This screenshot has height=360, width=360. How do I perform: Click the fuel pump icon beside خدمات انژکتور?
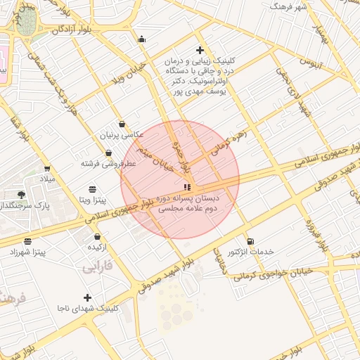coord(251,241)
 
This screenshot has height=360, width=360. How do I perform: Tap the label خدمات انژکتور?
coord(251,252)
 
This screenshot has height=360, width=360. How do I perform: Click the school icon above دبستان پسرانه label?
coord(186,187)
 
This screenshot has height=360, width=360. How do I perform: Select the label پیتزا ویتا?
coord(92,200)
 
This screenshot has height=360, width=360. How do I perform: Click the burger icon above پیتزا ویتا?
coord(93,189)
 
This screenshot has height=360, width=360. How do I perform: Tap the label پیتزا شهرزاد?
coord(27,252)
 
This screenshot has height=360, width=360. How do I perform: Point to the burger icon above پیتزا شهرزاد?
coord(27,241)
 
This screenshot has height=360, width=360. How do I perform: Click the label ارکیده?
coord(96,247)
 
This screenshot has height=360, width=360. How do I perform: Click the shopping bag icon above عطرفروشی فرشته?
coord(109,152)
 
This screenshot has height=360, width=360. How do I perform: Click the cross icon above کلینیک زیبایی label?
coord(200,50)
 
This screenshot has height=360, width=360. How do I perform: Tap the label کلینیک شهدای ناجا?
coord(87,308)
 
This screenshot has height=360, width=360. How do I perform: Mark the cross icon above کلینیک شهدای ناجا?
coord(87,297)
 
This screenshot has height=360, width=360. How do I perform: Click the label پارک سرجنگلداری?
coord(27,206)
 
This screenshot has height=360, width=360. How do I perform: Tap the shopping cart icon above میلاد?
coord(47,168)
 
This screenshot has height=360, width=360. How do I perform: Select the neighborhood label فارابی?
coord(97,268)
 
